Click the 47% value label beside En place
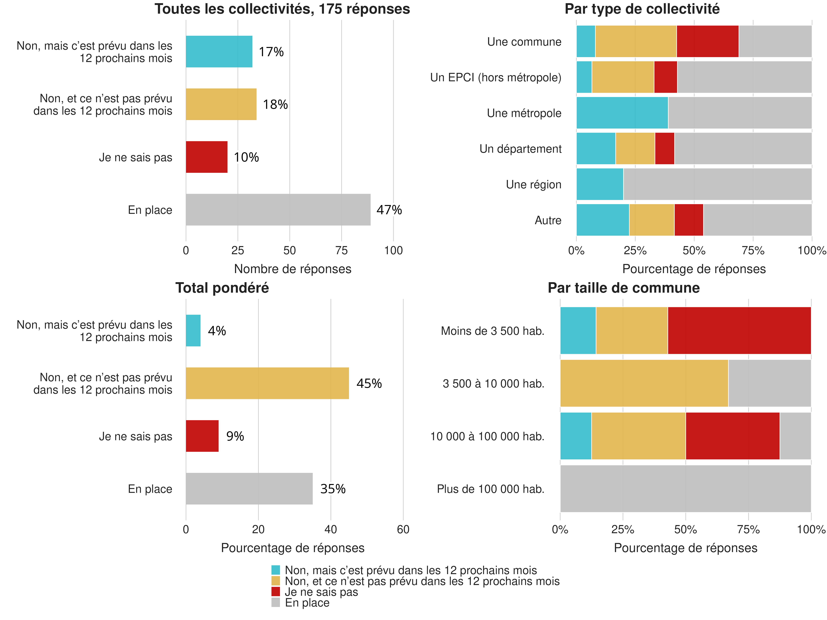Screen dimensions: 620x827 click(x=389, y=210)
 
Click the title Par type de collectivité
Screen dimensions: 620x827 click(x=642, y=9)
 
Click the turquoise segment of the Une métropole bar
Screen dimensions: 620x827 click(x=622, y=113)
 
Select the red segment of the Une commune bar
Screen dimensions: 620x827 click(x=707, y=41)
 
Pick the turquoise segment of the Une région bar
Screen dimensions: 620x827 click(x=600, y=184)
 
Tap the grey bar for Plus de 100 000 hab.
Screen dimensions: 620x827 click(x=685, y=488)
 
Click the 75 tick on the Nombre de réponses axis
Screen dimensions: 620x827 click(x=341, y=251)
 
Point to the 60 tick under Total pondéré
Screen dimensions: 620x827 click(x=403, y=530)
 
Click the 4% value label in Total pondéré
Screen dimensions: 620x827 click(x=217, y=331)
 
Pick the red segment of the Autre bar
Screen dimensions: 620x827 click(x=689, y=220)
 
